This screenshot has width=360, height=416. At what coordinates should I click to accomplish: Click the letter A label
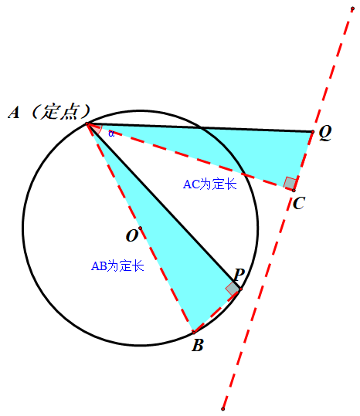[x=14, y=113]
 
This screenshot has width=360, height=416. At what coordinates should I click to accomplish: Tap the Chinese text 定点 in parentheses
[x=61, y=112]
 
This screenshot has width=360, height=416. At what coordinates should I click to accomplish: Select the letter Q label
[x=325, y=133]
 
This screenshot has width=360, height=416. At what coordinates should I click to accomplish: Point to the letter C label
[x=299, y=203]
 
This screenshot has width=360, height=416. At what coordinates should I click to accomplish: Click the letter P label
[x=239, y=275]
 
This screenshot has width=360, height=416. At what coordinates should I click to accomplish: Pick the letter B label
[x=198, y=345]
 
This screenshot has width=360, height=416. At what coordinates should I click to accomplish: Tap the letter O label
[x=132, y=235]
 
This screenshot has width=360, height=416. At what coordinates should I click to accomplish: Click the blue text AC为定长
[x=209, y=184]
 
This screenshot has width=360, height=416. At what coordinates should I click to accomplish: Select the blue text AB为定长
[x=117, y=265]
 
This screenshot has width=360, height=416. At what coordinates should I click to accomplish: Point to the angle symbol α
[x=111, y=134]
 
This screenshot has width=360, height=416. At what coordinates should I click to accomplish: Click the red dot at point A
[x=87, y=124]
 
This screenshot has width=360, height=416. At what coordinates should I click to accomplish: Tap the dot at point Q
[x=313, y=131]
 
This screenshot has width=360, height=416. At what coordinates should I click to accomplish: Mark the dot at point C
[x=294, y=191]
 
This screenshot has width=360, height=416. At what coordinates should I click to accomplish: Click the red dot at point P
[x=240, y=289]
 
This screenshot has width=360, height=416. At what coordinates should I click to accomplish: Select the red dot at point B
[x=194, y=332]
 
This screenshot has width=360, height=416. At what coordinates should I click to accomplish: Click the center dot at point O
[x=140, y=228]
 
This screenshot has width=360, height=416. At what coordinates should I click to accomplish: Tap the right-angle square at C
[x=290, y=184]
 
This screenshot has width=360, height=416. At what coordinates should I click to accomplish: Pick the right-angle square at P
[x=233, y=289]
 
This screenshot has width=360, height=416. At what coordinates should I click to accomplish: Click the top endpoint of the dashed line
[x=352, y=8]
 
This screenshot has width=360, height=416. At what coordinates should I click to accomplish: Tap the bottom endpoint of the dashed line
[x=223, y=409]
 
